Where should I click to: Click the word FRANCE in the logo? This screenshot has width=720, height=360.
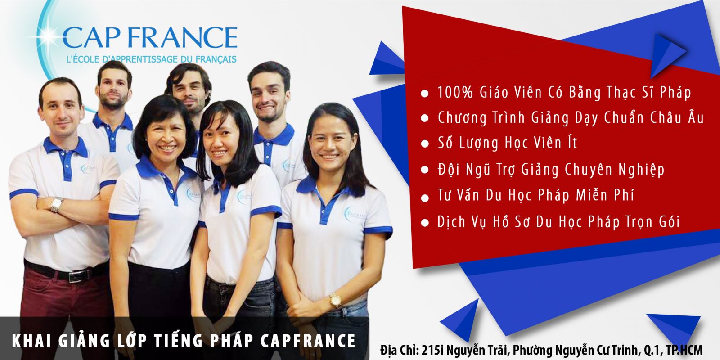(x=183, y=37)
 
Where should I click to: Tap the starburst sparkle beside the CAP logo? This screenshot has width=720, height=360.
(x=48, y=33)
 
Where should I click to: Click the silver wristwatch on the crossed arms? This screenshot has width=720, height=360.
(x=57, y=204)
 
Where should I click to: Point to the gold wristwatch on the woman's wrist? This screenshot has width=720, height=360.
(x=335, y=301)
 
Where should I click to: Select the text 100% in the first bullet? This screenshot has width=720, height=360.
(x=455, y=93)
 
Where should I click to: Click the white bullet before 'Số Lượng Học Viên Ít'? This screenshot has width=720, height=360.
(x=425, y=144)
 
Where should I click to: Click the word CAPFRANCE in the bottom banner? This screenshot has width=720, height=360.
(x=308, y=342)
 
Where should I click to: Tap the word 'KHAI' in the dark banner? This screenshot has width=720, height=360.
(x=31, y=342)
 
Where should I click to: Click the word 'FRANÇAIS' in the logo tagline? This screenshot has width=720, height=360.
(x=216, y=59)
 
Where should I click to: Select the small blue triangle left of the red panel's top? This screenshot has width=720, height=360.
(x=387, y=59)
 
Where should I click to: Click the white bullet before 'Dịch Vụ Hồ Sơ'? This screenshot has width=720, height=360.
(x=425, y=223)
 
